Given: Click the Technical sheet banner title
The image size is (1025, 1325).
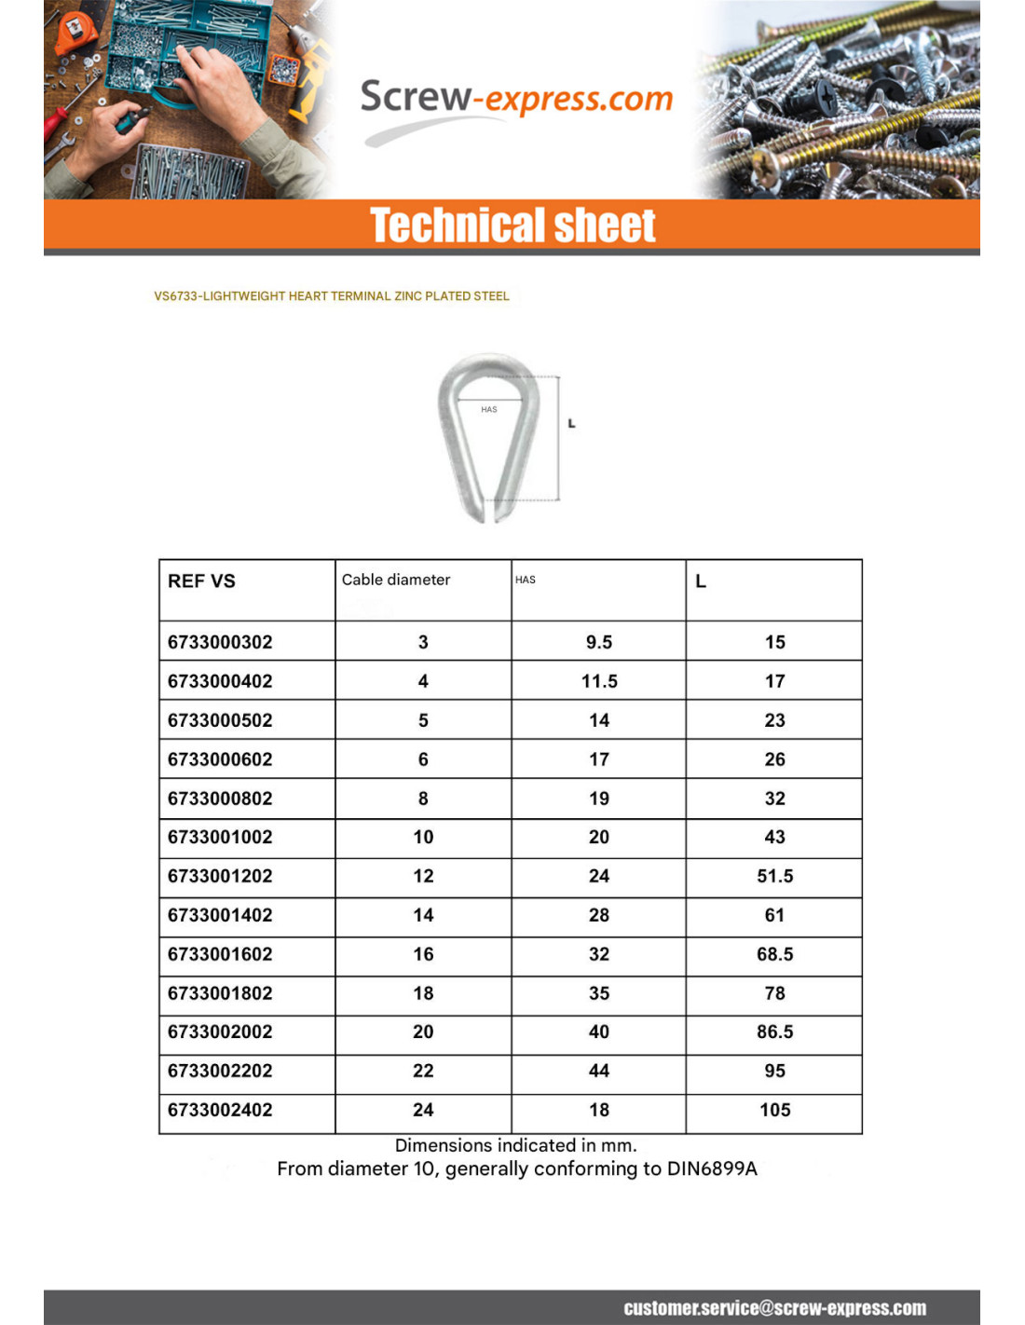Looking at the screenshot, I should (512, 225).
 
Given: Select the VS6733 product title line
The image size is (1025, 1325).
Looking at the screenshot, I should (331, 296).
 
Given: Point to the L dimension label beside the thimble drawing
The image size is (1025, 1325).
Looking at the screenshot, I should (571, 424).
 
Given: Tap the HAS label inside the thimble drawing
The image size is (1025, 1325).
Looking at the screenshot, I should (488, 409).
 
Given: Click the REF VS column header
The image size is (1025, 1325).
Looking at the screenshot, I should (201, 581).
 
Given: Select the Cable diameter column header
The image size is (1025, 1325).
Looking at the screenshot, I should (395, 580).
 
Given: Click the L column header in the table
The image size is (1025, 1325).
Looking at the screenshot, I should (701, 581).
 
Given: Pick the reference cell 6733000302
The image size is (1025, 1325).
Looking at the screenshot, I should (220, 642).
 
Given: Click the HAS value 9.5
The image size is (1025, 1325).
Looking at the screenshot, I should (599, 642).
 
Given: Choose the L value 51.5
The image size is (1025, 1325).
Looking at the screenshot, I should (774, 876).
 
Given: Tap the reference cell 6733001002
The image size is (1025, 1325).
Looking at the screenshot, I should (220, 837).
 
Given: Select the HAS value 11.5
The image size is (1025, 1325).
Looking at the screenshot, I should (599, 681).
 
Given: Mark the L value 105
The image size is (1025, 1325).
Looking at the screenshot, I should (774, 1110).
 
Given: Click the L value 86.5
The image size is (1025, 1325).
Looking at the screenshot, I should (774, 1031).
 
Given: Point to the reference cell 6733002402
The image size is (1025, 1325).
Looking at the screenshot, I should (220, 1110).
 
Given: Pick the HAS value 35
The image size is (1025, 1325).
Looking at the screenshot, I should (599, 993).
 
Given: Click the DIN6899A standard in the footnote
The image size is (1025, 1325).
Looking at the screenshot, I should (712, 1168).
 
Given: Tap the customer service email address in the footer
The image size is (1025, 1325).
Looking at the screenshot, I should (774, 1308).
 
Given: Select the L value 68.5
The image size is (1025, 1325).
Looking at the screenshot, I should (774, 954).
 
